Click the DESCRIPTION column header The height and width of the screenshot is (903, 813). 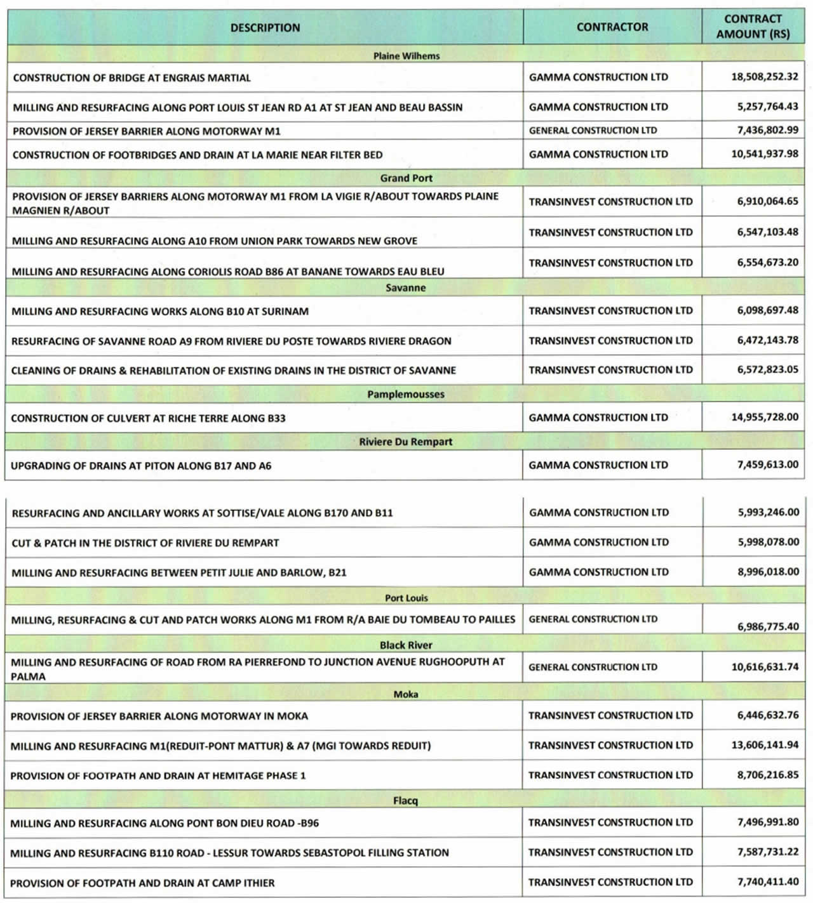coord(265,28)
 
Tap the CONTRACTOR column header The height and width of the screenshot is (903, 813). coord(612,27)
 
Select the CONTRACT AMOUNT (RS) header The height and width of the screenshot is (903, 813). coord(753,27)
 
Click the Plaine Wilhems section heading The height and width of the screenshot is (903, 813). coord(406,56)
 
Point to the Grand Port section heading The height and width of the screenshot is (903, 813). coord(406,178)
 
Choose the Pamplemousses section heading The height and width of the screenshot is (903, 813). coord(406,394)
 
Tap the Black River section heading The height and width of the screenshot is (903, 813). coord(406,645)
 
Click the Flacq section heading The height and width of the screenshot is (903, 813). coord(405,801)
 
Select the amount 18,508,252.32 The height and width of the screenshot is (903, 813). coord(765,77)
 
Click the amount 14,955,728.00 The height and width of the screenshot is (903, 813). coord(765,417)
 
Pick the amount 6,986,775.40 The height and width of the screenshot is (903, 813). coord(768,626)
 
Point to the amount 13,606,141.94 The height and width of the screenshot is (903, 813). coord(765,745)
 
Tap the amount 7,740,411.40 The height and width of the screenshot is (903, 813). coord(768,881)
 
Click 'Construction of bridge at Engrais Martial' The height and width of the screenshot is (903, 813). coord(131,78)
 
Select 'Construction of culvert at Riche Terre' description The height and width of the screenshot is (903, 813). coord(148,418)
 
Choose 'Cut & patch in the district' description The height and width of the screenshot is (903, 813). coord(145,543)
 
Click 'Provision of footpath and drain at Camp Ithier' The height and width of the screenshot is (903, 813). coord(142,883)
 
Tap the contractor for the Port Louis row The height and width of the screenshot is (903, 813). coord(593,619)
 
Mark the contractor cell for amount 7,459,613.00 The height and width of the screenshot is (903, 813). coord(598,465)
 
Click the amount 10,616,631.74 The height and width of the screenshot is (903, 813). coord(765,667)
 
